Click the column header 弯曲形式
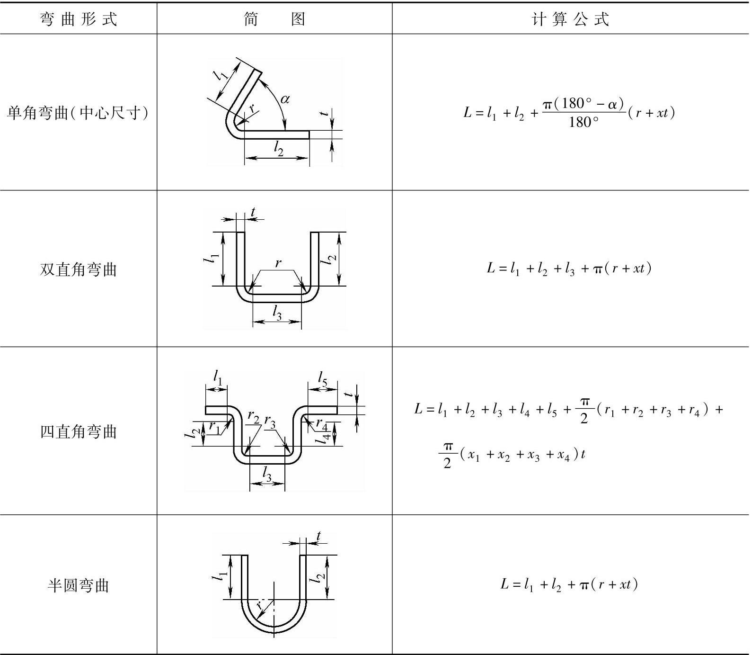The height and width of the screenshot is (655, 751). (79, 19)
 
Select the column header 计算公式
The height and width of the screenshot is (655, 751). (571, 19)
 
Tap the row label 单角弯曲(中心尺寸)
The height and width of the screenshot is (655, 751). (79, 113)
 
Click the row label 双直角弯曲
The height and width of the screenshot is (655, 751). (79, 269)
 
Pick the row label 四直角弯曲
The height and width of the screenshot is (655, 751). (79, 431)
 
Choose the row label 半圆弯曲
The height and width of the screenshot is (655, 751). (79, 585)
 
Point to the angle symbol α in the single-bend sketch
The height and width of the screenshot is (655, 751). (285, 99)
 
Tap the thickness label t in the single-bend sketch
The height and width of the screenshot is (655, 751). (324, 114)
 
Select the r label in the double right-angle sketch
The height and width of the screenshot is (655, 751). (278, 262)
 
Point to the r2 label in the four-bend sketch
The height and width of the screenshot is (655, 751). (254, 418)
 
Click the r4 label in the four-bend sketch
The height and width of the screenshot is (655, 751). (322, 422)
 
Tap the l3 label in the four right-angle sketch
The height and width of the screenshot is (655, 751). (267, 474)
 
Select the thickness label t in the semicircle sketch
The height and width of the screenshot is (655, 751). (318, 536)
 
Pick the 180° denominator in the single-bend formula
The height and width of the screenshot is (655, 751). (583, 123)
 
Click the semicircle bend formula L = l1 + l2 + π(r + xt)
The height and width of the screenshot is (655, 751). (569, 584)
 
